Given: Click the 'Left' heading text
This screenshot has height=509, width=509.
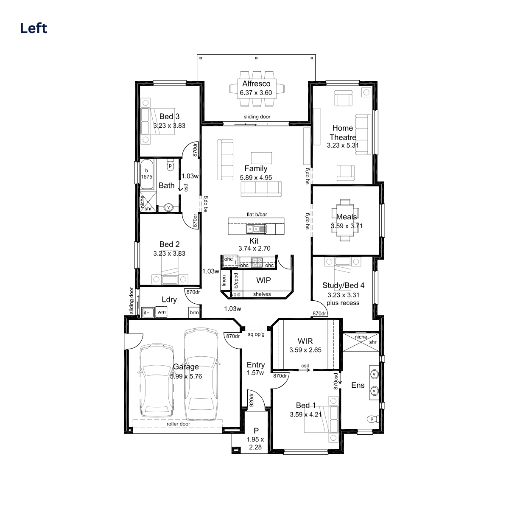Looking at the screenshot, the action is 34,28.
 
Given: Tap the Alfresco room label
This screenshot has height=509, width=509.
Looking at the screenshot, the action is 256,84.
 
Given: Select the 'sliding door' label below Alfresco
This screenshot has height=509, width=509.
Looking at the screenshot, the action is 257,117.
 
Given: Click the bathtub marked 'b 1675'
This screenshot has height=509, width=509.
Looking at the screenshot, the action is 147,174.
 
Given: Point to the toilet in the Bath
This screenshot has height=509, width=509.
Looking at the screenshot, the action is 170,165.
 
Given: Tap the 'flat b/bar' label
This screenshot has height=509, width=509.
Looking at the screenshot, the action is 257,215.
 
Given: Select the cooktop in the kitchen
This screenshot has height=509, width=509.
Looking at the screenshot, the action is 256,263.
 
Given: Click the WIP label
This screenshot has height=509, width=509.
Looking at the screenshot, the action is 263,280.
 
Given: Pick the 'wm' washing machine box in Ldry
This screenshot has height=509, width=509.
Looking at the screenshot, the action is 161,312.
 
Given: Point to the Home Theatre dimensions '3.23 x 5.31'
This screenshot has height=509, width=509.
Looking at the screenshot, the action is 343,145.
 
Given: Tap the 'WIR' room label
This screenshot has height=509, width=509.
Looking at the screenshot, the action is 305,341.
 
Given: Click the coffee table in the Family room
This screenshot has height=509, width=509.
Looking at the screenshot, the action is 262,158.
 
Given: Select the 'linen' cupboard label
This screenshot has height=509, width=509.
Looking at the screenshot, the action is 224,280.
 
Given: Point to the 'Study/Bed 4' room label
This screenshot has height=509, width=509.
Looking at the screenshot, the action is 343,285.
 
